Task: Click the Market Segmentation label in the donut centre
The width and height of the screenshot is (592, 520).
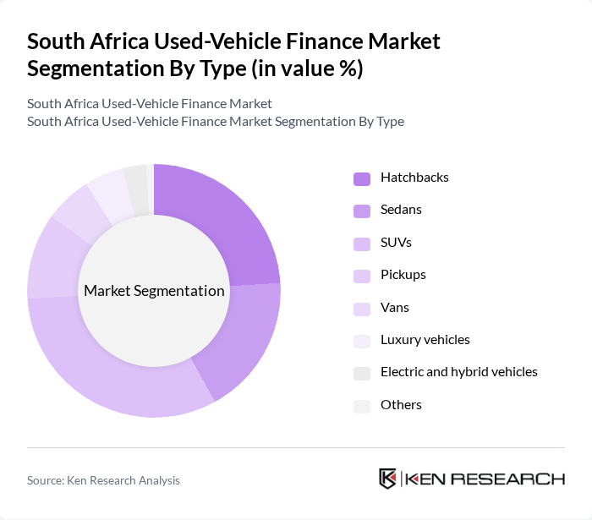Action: (154, 291)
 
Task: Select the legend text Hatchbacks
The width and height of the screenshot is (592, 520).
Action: (414, 178)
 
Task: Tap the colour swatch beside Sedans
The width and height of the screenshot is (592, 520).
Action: (362, 211)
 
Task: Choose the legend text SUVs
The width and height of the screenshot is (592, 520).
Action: (396, 243)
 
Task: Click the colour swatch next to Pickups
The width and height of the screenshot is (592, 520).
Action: (362, 276)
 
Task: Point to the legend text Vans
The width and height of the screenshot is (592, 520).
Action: (395, 308)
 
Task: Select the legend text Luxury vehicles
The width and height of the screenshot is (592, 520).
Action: (425, 340)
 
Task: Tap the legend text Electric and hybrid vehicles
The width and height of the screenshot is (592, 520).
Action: (458, 372)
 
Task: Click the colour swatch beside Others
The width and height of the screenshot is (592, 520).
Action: (362, 406)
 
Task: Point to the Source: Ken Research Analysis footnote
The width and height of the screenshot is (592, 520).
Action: (103, 480)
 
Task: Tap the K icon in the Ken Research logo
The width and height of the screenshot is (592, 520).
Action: (388, 479)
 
